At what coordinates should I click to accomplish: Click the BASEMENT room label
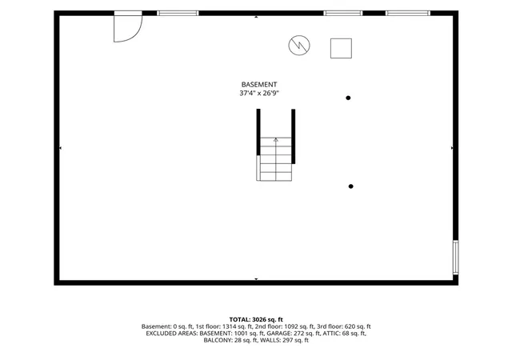pyautogui.click(x=259, y=84)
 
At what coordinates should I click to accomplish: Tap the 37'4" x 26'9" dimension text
pyautogui.click(x=259, y=93)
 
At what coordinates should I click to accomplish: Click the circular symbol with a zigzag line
pyautogui.click(x=299, y=45)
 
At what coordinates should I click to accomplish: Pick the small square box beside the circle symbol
pyautogui.click(x=341, y=48)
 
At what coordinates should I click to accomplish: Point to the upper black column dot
pyautogui.click(x=348, y=98)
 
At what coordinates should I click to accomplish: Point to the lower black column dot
pyautogui.click(x=350, y=186)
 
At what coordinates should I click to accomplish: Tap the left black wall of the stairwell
pyautogui.click(x=258, y=132)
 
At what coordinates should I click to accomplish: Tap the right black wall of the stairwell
pyautogui.click(x=294, y=136)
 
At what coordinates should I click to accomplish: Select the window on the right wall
pyautogui.click(x=455, y=257)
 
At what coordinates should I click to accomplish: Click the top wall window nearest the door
pyautogui.click(x=178, y=13)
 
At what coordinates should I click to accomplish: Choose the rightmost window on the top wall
pyautogui.click(x=408, y=13)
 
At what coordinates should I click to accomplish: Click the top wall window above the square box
pyautogui.click(x=343, y=13)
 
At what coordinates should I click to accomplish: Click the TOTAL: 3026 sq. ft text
pyautogui.click(x=256, y=319)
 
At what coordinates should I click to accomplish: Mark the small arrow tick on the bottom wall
pyautogui.click(x=256, y=279)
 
